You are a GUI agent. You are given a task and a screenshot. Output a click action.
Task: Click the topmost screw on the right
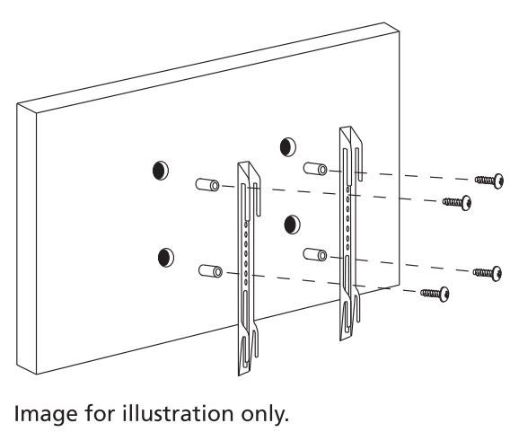pos(489,181)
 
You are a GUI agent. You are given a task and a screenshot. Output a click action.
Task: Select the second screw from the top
pos(457,203)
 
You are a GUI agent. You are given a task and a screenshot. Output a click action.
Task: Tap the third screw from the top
pos(488,273)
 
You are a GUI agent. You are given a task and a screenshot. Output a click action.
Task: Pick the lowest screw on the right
pos(435,294)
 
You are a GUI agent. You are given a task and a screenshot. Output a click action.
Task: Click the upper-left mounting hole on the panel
pos(161,170)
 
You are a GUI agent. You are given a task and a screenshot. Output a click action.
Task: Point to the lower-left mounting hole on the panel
pos(166,257)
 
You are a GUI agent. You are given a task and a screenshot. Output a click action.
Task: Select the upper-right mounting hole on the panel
pos(288,146)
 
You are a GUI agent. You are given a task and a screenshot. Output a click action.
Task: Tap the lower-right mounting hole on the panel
pos(292,225)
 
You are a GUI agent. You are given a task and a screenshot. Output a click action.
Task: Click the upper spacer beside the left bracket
pos(207,185)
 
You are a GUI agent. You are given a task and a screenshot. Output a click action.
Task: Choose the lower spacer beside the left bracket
pos(210,271)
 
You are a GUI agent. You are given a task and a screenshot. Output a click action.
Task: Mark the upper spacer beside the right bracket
pos(315,169)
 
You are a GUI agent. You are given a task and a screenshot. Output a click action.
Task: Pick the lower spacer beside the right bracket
pos(315,255)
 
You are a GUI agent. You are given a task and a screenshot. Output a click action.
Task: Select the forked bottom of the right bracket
pos(350,314)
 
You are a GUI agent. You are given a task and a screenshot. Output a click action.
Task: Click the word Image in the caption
pos(47,414)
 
